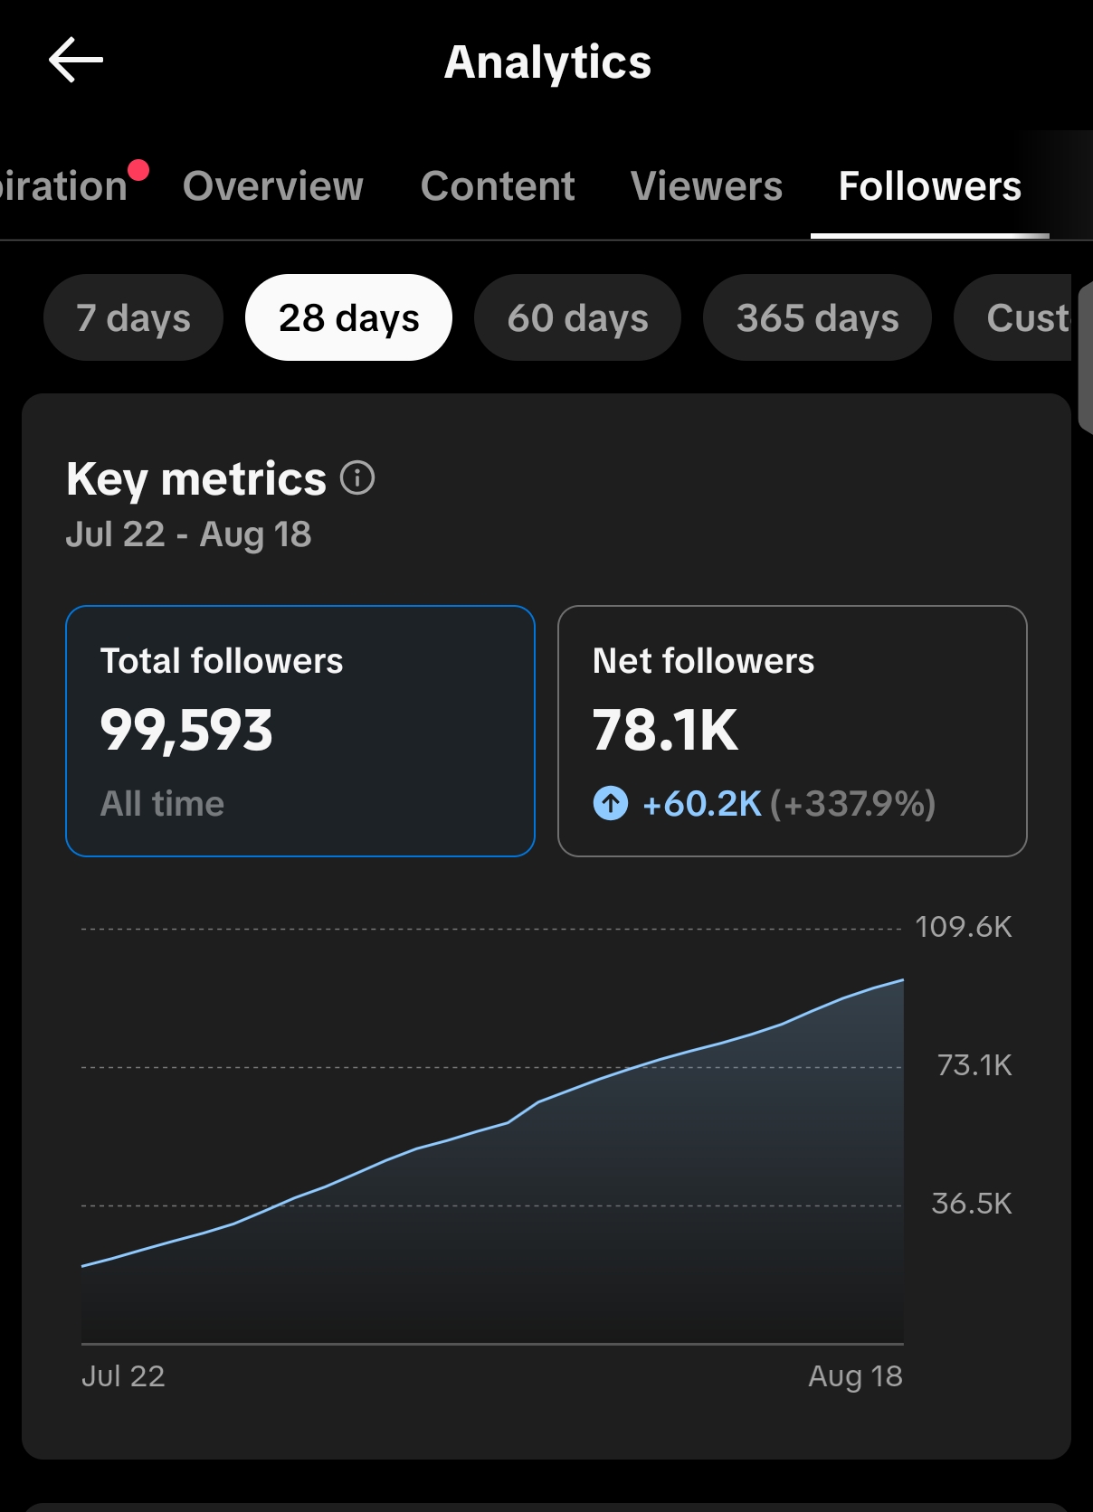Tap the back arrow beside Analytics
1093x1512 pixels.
point(76,60)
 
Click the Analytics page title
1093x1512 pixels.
point(547,62)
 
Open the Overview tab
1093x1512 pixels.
point(273,185)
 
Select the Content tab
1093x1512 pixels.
point(497,185)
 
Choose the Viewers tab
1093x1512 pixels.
point(707,185)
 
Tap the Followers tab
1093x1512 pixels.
point(929,185)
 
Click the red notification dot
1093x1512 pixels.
point(138,170)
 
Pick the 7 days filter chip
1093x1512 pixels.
point(133,317)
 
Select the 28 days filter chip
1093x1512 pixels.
point(348,317)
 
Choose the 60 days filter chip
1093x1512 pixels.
point(577,317)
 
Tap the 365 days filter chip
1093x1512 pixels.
point(817,317)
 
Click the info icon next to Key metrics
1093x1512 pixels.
point(357,477)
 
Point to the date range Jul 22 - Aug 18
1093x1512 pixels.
point(188,534)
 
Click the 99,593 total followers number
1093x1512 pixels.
point(186,731)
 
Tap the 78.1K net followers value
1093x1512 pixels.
point(665,730)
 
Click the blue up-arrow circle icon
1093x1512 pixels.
point(611,803)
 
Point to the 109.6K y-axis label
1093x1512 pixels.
point(964,927)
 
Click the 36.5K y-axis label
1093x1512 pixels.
point(972,1204)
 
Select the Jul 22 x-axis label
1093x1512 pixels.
point(123,1376)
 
